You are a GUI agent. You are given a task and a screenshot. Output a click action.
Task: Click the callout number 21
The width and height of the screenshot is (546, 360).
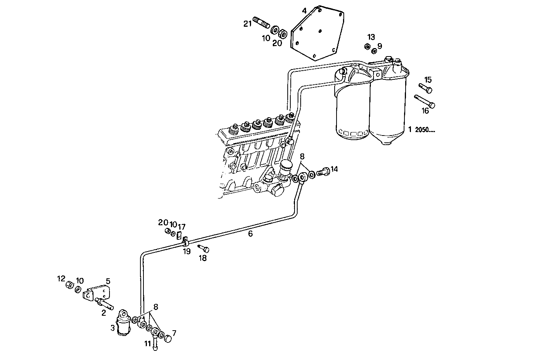248,24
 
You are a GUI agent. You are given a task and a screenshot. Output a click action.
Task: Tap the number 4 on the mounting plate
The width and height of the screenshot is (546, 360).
304,11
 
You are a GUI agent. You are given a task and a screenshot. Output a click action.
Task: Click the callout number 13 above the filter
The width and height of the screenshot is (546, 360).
371,37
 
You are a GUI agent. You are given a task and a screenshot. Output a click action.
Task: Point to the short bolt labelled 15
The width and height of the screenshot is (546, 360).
425,88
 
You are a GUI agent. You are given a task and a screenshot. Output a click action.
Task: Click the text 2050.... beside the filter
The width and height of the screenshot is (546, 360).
425,129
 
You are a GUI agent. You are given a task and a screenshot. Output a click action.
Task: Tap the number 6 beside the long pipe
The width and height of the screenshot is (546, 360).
250,234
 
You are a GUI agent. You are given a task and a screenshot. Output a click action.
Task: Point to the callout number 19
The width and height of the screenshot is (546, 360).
187,251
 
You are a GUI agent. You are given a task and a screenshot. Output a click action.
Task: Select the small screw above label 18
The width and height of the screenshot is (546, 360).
204,249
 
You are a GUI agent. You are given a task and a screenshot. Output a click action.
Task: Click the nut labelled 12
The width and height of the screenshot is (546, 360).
69,286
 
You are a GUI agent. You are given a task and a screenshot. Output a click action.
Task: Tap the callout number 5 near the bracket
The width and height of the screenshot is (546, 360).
108,281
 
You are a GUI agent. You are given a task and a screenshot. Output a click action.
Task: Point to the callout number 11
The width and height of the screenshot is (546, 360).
148,343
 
